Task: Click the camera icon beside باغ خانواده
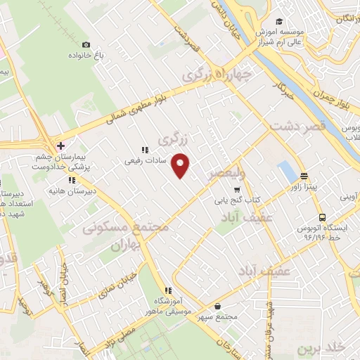(x=86, y=44)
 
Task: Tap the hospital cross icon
(x=61, y=146)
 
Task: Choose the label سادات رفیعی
(x=145, y=160)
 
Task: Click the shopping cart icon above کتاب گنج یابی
(x=237, y=189)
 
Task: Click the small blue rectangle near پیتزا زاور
(x=286, y=171)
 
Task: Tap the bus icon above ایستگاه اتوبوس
(x=322, y=217)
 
